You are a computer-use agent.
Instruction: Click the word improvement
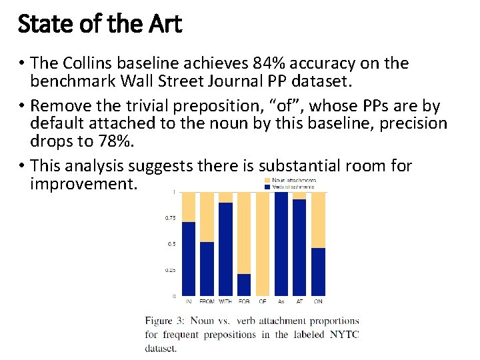[x=83, y=183]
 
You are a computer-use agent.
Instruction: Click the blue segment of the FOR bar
[x=244, y=285]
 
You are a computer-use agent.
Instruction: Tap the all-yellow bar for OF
[x=263, y=243]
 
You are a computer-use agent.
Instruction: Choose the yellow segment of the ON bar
[x=318, y=220]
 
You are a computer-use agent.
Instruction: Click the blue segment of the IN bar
[x=189, y=259]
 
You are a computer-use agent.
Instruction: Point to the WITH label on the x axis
[x=225, y=301]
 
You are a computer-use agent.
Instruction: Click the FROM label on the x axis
[x=207, y=301]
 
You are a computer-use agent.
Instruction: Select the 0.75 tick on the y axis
[x=171, y=218]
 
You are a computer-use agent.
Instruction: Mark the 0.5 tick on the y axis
[x=172, y=244]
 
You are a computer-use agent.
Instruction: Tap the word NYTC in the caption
[x=344, y=335]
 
